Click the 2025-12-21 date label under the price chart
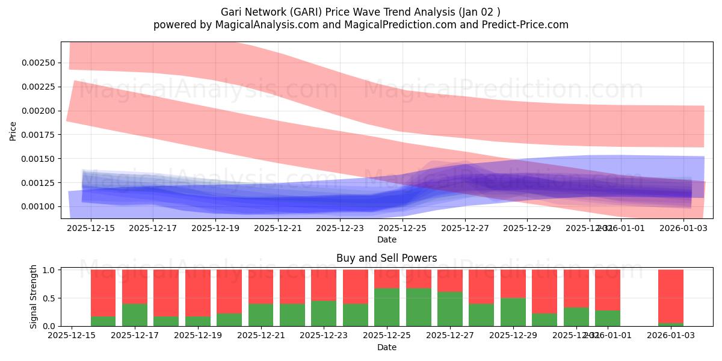pos(277,228)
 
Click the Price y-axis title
pos(13,131)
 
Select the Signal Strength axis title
pos(34,296)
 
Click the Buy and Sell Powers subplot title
pos(386,258)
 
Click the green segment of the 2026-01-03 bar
pos(670,324)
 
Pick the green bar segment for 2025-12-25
pos(387,307)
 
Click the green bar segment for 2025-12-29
pos(513,312)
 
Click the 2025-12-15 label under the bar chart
pos(72,336)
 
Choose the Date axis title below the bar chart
pos(386,347)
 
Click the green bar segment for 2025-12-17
pos(135,315)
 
